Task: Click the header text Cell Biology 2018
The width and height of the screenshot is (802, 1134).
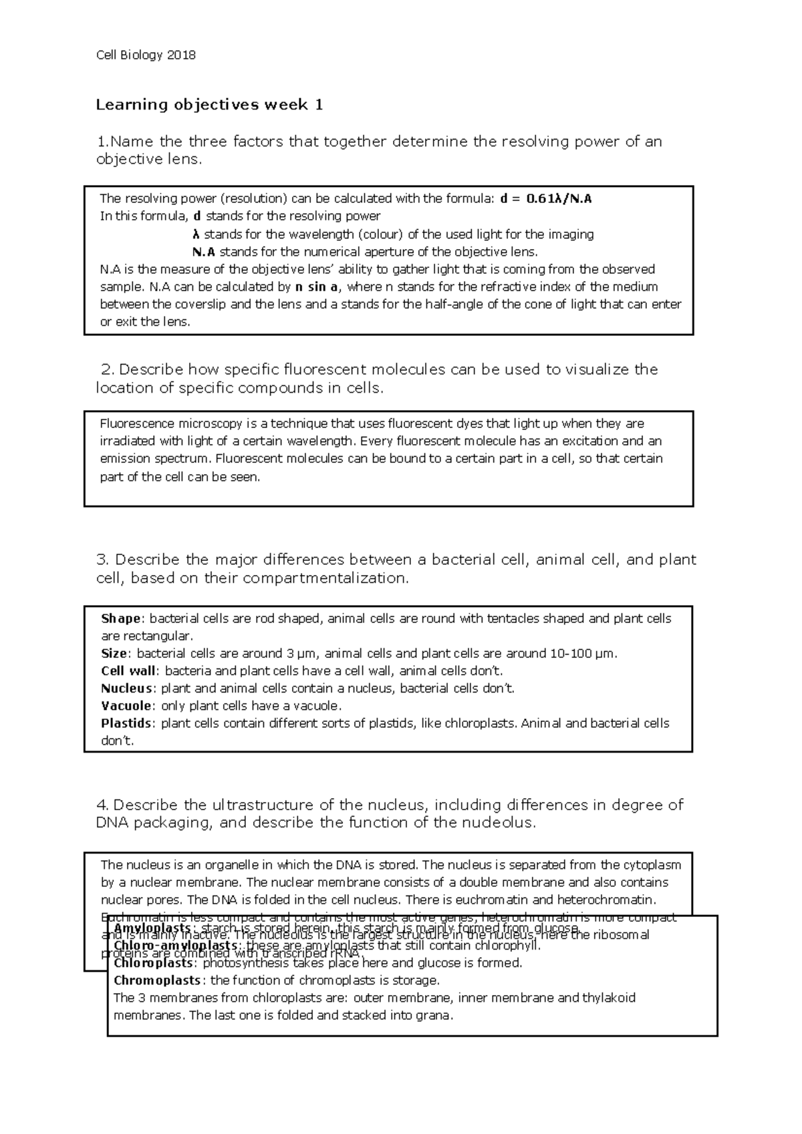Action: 146,55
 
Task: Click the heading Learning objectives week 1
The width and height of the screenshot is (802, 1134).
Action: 209,105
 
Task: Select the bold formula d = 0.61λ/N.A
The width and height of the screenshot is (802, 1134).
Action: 546,198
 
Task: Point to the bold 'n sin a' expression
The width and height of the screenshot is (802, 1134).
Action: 317,287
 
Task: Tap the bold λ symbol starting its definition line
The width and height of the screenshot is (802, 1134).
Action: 195,234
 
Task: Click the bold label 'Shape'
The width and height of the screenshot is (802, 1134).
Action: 120,618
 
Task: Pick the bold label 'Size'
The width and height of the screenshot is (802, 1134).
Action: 114,653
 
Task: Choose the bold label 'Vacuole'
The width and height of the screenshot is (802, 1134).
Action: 126,706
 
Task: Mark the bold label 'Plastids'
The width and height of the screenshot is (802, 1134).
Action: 126,723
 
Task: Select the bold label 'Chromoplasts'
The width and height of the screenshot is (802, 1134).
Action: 157,980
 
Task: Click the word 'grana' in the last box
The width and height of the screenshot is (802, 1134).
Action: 436,1016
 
